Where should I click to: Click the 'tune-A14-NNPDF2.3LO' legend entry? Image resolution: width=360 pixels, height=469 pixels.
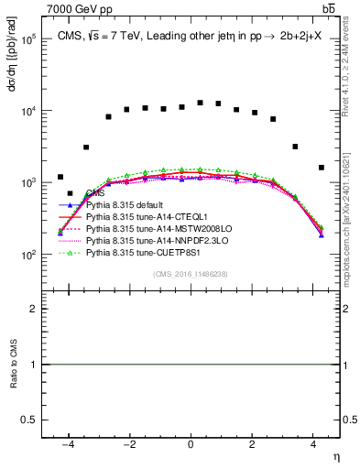coord(149,239)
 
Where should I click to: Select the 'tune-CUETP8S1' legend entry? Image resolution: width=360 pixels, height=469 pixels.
coord(138,250)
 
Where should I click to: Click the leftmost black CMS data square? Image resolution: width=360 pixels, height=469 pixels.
coord(60,177)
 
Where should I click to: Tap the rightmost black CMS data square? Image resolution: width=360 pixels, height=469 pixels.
coord(321,168)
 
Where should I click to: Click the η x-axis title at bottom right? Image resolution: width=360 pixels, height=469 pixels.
coord(335,455)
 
